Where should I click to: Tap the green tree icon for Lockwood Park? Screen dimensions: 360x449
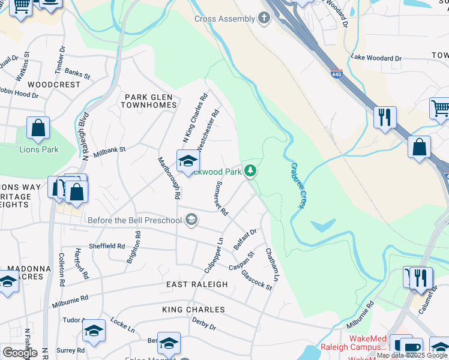click(250, 172)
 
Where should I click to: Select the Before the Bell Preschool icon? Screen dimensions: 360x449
click(191, 220)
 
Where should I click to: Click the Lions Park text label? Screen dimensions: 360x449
click(39, 149)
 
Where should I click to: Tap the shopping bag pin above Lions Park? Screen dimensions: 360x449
click(38, 128)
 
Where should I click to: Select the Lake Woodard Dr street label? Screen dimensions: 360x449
click(376, 58)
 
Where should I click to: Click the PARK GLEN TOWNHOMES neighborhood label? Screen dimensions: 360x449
click(149, 101)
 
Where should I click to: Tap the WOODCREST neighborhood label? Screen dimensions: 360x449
click(54, 85)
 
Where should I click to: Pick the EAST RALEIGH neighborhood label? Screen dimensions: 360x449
click(197, 284)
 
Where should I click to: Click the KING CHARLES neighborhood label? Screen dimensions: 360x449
click(193, 310)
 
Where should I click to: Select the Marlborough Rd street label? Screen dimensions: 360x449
click(169, 178)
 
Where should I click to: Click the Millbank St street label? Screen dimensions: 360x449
click(109, 150)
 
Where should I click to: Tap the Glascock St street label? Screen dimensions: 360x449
click(256, 280)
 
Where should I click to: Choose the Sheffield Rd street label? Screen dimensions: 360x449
click(107, 246)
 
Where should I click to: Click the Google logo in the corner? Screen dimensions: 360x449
click(20, 352)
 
